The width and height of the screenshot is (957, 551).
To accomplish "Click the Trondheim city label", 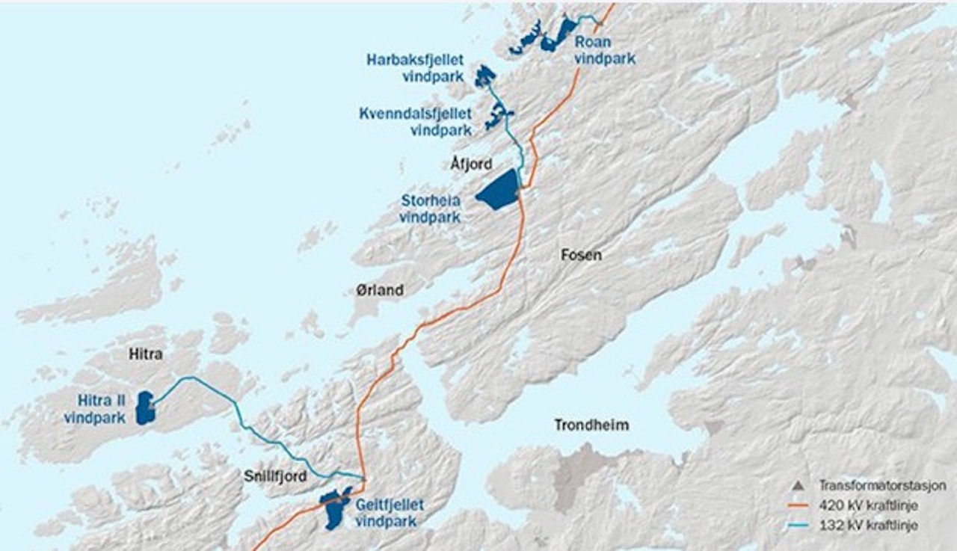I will (x=591, y=425).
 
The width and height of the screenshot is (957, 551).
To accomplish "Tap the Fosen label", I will (x=581, y=255).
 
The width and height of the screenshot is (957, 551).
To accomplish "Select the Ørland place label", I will (x=379, y=290).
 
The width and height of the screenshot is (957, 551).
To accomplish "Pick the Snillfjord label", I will (x=276, y=475).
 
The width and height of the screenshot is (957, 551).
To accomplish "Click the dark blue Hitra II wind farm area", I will (x=144, y=407).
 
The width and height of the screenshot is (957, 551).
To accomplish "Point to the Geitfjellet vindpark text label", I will (x=386, y=512).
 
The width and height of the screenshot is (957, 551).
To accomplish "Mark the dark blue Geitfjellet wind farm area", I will (x=336, y=508).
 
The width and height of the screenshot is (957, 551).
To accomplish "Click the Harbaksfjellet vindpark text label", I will (x=415, y=67).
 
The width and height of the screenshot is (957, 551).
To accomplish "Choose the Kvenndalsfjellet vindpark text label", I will (x=415, y=121).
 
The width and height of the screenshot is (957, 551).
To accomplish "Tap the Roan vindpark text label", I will (x=604, y=50).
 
